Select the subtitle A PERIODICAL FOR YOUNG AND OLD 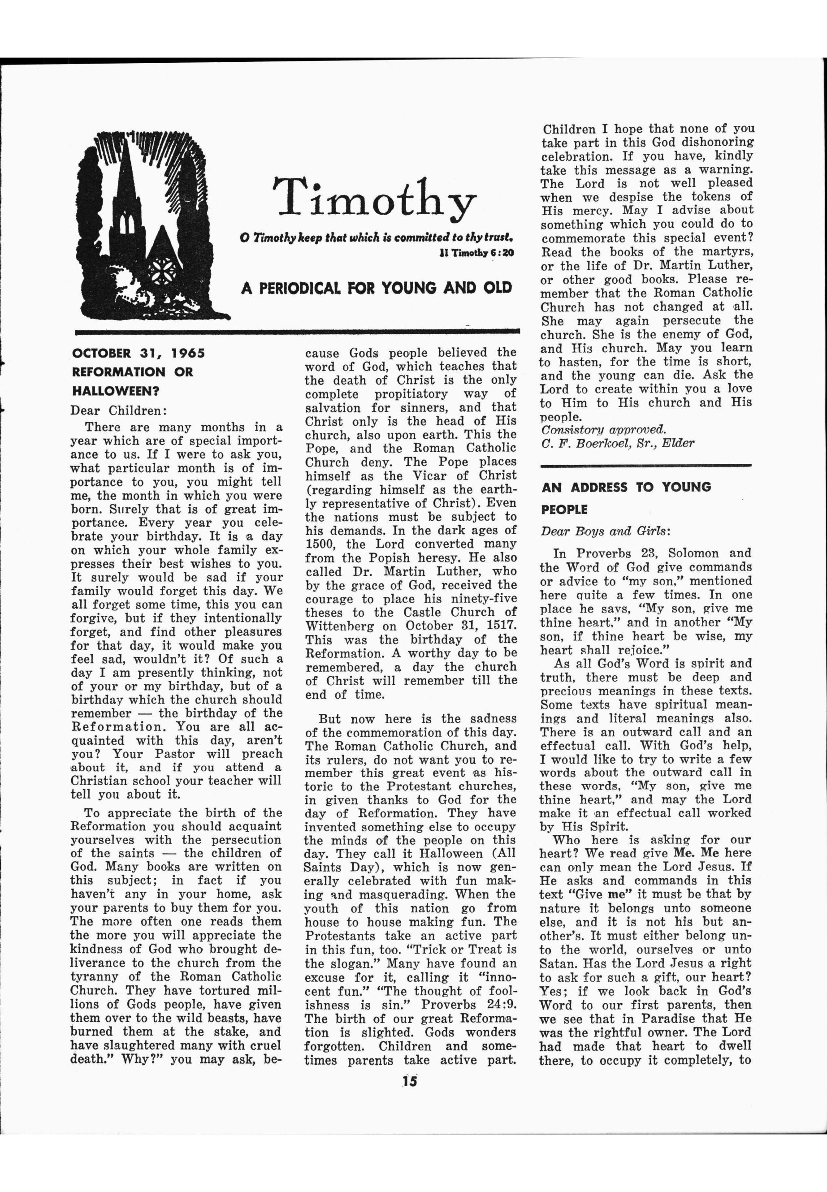pyautogui.click(x=376, y=288)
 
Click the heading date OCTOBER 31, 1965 pyautogui.click(x=139, y=353)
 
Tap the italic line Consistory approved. pyautogui.click(x=603, y=429)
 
